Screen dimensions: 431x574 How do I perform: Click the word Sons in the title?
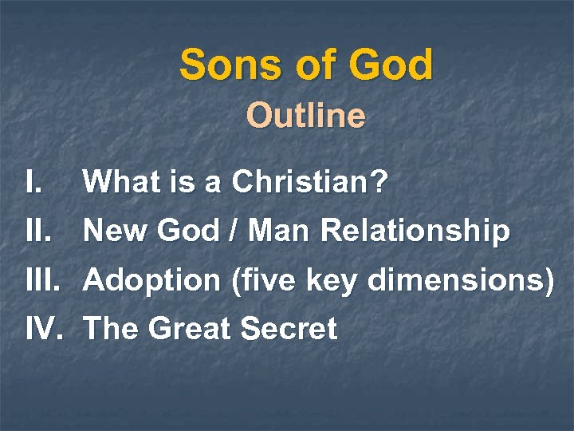(222, 65)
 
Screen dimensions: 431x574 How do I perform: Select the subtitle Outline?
(306, 117)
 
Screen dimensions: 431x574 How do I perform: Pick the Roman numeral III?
(43, 280)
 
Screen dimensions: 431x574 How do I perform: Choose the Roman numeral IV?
(44, 328)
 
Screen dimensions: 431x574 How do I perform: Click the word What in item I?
(118, 184)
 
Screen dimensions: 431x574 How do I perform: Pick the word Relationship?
(415, 232)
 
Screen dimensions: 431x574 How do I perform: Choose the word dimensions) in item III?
(454, 280)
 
